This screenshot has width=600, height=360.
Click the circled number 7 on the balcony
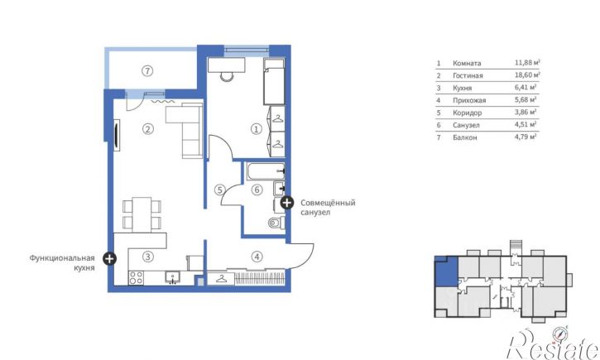(x=147, y=71)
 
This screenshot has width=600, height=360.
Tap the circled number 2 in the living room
(x=147, y=129)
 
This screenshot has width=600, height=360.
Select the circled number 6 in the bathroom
(x=257, y=190)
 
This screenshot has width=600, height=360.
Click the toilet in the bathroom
(x=276, y=223)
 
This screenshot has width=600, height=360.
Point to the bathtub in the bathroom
(x=266, y=171)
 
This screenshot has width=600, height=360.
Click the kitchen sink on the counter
(x=173, y=276)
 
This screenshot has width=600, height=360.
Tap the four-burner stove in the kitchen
(x=137, y=278)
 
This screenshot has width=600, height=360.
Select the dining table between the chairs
(x=142, y=214)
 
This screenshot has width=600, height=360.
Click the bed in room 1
(x=274, y=81)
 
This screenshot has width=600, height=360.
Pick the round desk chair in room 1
(x=227, y=76)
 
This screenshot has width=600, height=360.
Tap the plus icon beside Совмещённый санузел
(x=287, y=203)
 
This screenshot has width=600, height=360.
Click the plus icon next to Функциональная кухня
(x=109, y=258)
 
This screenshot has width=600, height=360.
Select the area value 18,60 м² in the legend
(x=527, y=74)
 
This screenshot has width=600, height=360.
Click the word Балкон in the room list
(x=465, y=137)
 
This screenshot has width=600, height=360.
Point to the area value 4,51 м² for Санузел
(x=526, y=124)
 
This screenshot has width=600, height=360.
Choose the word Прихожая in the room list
(x=469, y=100)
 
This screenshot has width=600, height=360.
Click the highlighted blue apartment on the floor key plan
(x=447, y=272)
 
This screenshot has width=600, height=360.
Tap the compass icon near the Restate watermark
(x=560, y=334)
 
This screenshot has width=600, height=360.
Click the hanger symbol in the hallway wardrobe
(x=221, y=279)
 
